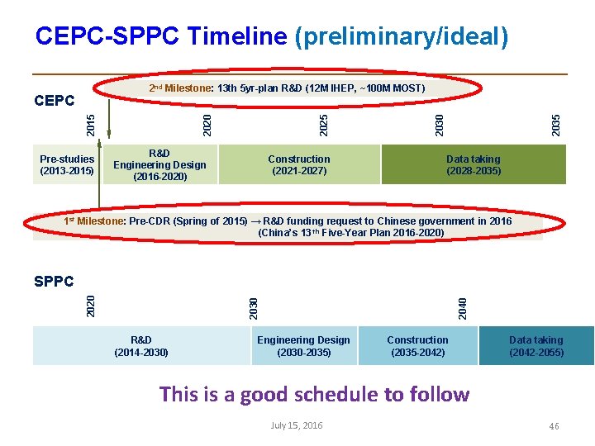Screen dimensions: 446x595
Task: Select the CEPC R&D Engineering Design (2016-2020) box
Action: point(159,165)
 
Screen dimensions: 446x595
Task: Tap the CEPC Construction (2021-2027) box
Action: point(299,165)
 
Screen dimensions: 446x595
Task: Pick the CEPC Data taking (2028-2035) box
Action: point(474,165)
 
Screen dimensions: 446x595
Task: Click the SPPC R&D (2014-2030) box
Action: point(141,346)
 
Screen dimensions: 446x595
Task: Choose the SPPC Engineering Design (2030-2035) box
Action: point(303,346)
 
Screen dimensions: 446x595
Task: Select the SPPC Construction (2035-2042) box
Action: point(417,346)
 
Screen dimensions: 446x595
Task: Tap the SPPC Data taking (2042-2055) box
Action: point(536,346)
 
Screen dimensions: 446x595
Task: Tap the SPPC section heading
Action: point(55,282)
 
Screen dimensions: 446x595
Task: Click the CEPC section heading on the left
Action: point(55,101)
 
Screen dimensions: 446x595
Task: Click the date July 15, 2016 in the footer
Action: point(297,425)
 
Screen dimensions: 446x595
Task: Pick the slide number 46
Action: point(554,426)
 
